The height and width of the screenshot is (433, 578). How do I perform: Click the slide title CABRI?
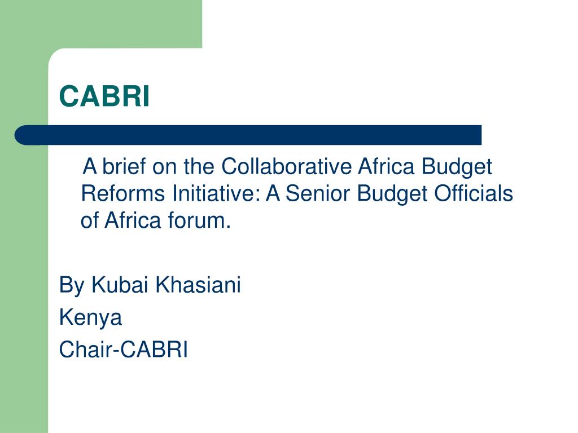tap(105, 96)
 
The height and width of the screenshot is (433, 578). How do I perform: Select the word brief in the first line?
tap(123, 167)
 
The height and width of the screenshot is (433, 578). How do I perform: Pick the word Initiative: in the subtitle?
tap(213, 194)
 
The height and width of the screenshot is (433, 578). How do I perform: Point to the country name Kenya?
tap(90, 318)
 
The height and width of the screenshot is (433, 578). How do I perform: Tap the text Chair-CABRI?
tap(124, 350)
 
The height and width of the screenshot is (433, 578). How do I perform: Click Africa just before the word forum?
tap(133, 221)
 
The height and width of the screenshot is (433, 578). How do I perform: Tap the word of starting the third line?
tap(89, 221)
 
